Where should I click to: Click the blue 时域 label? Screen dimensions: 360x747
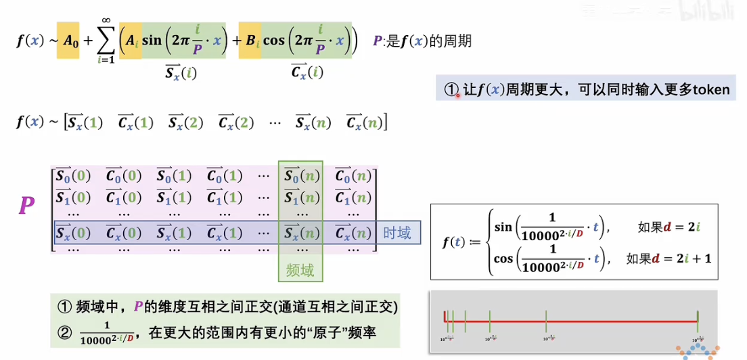[397, 233]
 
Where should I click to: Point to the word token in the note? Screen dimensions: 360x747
[711, 89]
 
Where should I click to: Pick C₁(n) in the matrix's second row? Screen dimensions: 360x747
[353, 198]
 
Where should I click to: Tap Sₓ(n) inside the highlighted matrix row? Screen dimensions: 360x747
[300, 233]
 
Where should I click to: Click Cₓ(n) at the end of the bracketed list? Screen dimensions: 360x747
[364, 122]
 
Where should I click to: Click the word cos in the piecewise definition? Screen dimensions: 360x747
[503, 258]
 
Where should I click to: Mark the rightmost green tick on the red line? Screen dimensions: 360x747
[697, 320]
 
